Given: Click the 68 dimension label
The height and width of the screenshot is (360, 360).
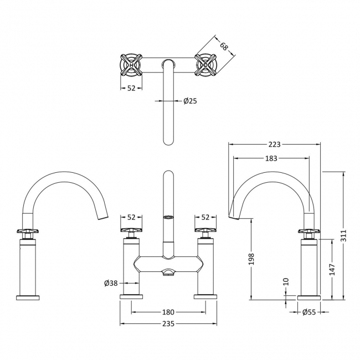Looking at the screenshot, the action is [224, 47].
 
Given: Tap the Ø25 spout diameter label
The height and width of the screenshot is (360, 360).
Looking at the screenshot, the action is [191, 101].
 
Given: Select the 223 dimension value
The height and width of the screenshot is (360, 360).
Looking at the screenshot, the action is [274, 145].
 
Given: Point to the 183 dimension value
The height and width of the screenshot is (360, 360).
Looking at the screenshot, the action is [271, 158].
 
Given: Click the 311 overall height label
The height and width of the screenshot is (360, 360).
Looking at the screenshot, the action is [343, 235].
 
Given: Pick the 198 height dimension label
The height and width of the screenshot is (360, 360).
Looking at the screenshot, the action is [251, 259].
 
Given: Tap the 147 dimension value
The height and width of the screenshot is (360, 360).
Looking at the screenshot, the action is [332, 270].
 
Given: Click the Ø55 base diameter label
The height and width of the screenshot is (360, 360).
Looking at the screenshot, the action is [309, 312].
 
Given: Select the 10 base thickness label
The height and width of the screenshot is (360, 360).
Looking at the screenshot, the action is [286, 281].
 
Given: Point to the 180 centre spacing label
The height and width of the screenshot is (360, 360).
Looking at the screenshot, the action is [168, 312].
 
